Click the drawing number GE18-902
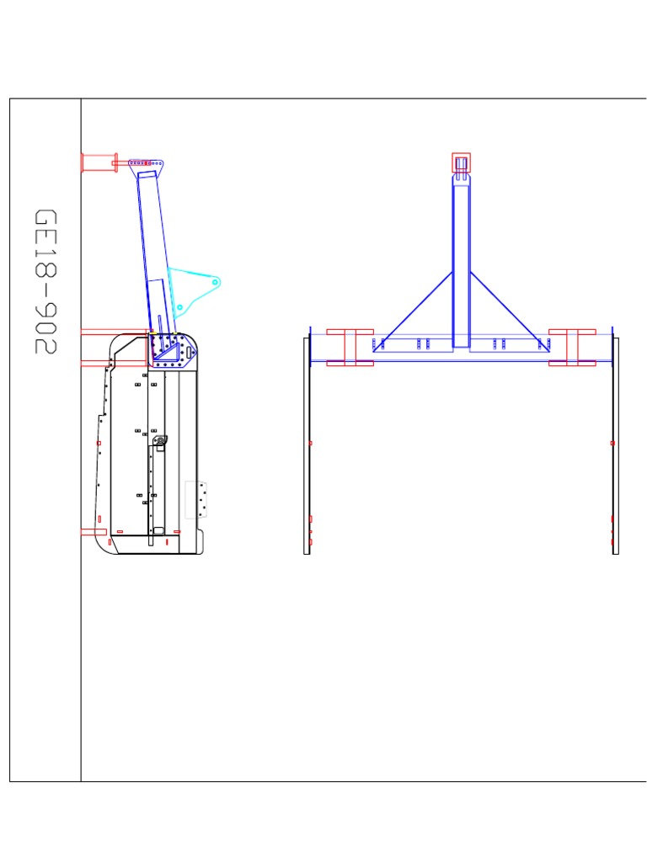click(45, 281)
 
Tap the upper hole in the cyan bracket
click(215, 283)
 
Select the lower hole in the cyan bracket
click(180, 307)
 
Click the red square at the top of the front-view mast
click(461, 162)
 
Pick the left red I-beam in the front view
click(350, 348)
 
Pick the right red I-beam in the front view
click(572, 348)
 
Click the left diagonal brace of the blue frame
click(413, 311)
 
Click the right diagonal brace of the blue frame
click(510, 311)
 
